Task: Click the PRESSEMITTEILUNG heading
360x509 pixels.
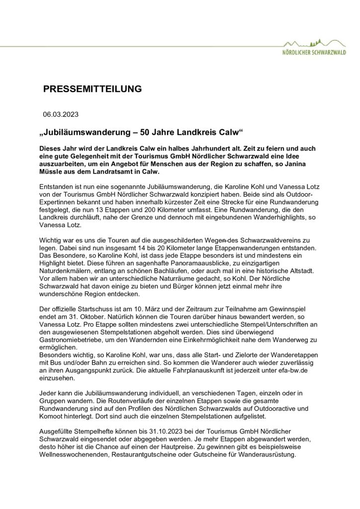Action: [92, 89]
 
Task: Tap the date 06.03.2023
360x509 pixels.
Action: [60, 114]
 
